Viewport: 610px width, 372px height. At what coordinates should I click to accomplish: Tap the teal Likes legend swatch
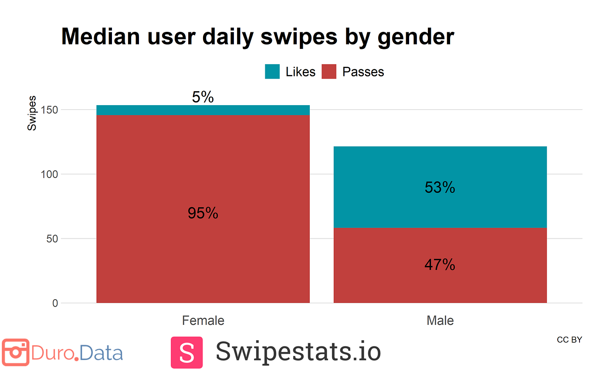pos(272,72)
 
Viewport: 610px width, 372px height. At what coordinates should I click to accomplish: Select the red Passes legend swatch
pos(329,72)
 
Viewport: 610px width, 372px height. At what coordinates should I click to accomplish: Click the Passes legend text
pos(363,72)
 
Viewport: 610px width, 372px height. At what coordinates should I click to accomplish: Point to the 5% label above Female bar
pos(203,97)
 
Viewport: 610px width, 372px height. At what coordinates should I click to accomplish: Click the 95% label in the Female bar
pos(203,213)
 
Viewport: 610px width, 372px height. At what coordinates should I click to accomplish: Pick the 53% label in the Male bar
pos(440,188)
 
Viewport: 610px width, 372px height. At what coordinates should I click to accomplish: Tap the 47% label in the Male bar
pos(440,265)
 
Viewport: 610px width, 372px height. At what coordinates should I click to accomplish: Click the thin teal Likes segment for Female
pos(203,110)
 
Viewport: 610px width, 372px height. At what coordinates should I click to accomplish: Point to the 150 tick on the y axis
pos(49,110)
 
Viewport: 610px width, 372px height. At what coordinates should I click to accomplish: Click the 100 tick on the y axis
pos(49,174)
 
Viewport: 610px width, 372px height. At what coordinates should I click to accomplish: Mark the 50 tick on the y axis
pos(51,239)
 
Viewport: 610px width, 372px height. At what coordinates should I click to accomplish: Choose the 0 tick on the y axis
pos(55,303)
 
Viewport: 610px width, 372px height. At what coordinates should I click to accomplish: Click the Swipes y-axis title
pos(32,113)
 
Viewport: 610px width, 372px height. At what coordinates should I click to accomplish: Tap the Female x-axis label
pos(203,321)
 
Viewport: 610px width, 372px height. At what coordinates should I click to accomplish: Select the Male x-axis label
pos(440,321)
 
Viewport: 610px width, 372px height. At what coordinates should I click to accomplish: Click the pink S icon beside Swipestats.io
pos(186,352)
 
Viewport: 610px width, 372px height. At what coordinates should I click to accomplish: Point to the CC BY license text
pos(569,340)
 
